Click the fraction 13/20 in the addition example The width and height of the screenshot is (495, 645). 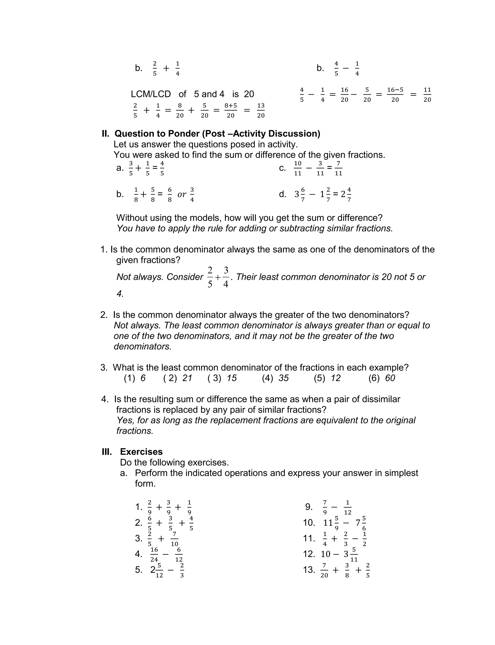click(x=261, y=110)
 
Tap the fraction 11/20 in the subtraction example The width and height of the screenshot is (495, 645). click(x=427, y=94)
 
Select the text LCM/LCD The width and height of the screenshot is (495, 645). click(x=151, y=94)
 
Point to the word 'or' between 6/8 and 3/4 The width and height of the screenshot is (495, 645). click(x=182, y=194)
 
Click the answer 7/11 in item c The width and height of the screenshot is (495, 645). click(x=339, y=168)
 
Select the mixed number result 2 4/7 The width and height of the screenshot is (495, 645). click(x=346, y=194)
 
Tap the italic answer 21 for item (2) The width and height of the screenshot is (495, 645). click(x=187, y=378)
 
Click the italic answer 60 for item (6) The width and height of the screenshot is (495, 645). click(x=390, y=378)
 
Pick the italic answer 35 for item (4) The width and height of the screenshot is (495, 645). click(x=284, y=378)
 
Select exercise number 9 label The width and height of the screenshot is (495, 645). click(x=309, y=507)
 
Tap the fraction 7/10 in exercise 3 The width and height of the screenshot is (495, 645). click(x=175, y=539)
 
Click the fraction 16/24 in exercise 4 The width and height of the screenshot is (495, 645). click(x=154, y=555)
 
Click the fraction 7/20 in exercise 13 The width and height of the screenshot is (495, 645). click(x=324, y=570)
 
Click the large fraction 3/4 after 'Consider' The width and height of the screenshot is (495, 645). click(x=226, y=277)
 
